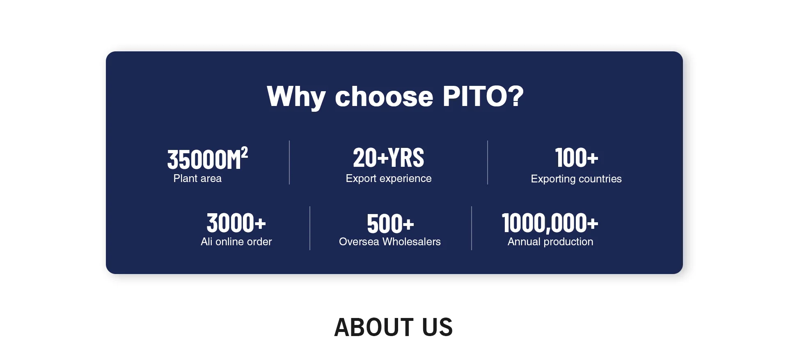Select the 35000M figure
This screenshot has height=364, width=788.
click(204, 159)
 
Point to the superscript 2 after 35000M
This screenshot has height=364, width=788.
click(244, 152)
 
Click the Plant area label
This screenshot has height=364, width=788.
click(197, 178)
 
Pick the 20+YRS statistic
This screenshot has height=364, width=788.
click(388, 158)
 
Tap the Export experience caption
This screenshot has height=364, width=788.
click(388, 179)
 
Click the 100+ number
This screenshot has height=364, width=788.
click(576, 158)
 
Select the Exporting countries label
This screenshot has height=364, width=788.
click(576, 179)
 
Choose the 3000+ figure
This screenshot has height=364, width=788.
click(236, 223)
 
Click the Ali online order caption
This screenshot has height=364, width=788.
click(236, 242)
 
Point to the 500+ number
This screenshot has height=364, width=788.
click(390, 224)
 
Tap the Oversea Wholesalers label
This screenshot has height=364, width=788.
click(389, 242)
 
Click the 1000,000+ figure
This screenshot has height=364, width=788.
click(550, 223)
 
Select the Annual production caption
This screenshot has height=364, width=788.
click(550, 242)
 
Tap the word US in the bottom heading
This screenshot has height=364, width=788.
click(437, 327)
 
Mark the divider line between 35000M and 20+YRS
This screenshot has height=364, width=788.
click(289, 163)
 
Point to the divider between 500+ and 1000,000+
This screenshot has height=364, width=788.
click(472, 228)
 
